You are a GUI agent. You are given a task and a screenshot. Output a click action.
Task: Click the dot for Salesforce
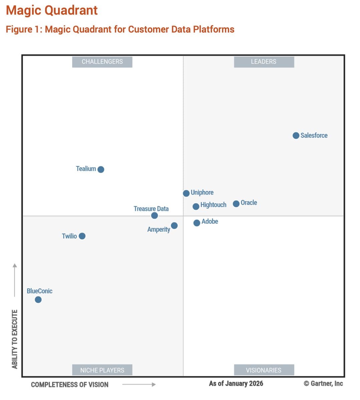click(296, 135)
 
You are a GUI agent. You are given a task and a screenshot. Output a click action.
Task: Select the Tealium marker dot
click(101, 169)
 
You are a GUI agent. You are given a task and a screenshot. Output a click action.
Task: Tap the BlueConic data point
click(38, 300)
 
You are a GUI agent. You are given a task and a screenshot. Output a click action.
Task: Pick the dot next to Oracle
click(236, 204)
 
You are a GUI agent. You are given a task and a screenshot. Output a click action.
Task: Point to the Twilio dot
click(82, 236)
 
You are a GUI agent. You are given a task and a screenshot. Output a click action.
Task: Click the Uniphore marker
click(186, 193)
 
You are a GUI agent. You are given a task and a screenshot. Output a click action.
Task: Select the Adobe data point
click(197, 223)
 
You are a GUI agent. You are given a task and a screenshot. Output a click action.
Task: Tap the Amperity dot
click(174, 226)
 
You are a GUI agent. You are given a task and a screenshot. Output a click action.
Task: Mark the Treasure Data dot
click(154, 216)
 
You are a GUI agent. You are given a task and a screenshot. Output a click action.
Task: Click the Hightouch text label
click(213, 205)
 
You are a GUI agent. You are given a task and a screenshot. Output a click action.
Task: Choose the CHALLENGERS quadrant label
click(102, 62)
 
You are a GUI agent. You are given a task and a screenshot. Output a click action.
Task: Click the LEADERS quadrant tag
click(264, 62)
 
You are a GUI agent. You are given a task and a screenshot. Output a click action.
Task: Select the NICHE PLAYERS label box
click(102, 370)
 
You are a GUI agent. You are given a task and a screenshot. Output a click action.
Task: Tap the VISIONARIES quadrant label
click(264, 370)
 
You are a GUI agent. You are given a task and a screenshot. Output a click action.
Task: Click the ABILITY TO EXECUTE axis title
click(15, 339)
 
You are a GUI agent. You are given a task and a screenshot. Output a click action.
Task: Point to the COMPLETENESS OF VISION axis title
click(70, 385)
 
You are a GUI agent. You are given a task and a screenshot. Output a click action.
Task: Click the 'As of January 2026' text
click(236, 383)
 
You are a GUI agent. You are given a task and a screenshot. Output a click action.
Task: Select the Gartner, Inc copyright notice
click(323, 383)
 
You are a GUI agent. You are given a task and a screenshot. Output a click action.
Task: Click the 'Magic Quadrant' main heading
click(52, 10)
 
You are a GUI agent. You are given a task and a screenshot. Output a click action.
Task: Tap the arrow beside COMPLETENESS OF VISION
click(139, 385)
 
